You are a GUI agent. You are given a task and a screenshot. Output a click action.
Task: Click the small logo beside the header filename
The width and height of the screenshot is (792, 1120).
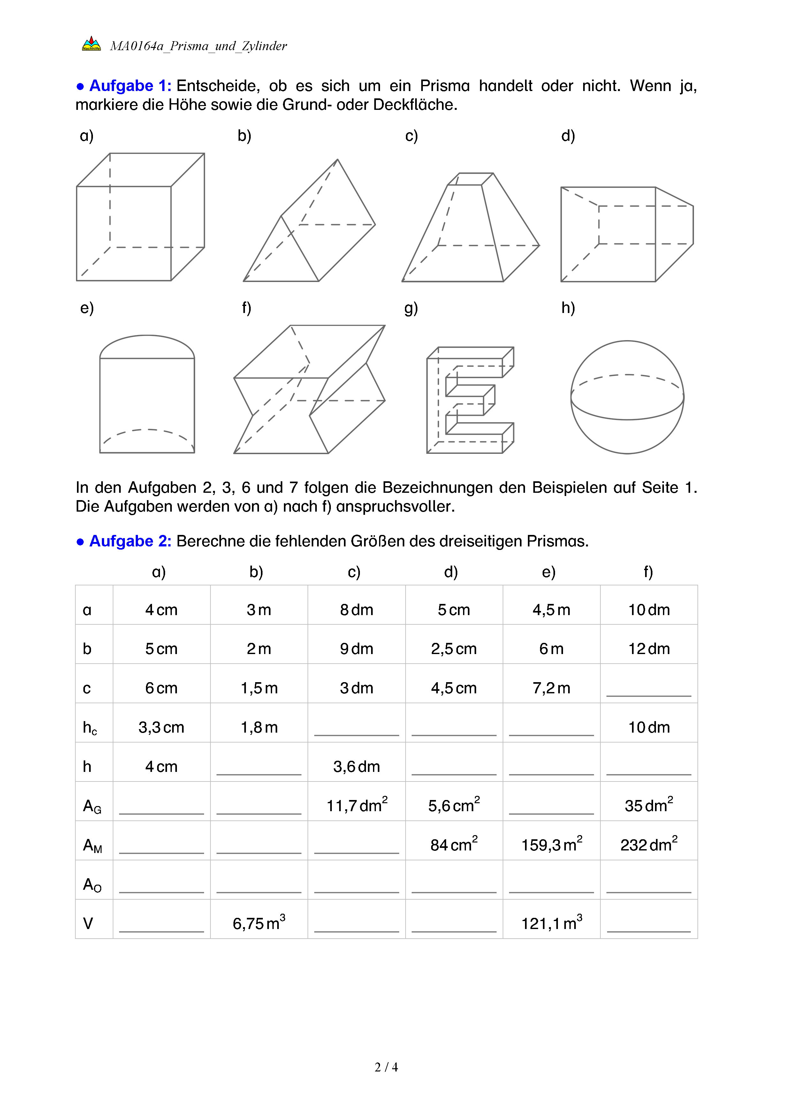tap(91, 44)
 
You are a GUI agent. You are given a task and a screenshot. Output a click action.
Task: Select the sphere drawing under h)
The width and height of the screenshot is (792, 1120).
tap(627, 397)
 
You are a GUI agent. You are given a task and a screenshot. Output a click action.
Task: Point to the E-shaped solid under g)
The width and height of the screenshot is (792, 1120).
tap(470, 400)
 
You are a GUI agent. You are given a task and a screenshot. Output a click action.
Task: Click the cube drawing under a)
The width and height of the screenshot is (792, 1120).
tap(141, 217)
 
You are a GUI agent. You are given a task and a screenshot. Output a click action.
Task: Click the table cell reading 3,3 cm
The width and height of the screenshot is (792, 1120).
tap(161, 727)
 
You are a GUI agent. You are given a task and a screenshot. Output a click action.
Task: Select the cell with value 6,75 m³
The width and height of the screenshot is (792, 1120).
tap(259, 923)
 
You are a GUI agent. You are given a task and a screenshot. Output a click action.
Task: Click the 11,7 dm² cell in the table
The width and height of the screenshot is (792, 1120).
tap(356, 805)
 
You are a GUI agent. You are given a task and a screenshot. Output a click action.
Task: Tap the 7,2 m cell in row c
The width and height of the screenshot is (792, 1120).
tap(552, 688)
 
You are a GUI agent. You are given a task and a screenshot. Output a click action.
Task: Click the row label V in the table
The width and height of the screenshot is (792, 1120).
tap(88, 923)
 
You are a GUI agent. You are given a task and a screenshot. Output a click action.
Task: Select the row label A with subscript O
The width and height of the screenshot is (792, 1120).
tap(92, 884)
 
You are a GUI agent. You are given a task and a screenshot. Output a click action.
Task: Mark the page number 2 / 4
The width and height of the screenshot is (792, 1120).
tap(386, 1067)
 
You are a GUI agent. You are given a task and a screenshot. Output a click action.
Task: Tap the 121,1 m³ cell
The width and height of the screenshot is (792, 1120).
tap(552, 923)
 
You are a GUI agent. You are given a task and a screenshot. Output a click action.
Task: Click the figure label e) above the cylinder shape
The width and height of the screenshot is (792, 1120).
tap(87, 308)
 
